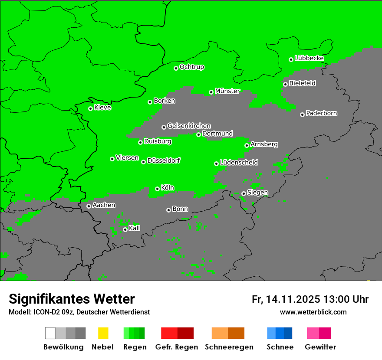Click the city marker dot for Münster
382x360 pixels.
(211, 92)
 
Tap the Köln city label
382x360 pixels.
(168, 188)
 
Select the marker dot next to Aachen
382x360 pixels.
(89, 206)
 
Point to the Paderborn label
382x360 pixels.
(322, 114)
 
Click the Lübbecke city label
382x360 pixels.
(310, 58)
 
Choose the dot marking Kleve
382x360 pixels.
(90, 108)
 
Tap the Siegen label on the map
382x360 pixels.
(258, 193)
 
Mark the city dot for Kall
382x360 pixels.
(125, 229)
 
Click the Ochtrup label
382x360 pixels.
(192, 67)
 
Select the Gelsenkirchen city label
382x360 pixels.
(189, 126)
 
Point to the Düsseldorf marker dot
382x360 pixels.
(143, 162)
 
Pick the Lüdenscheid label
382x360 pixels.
(239, 163)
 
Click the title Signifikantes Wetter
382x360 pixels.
(72, 299)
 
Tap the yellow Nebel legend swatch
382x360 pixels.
(103, 333)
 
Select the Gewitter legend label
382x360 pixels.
(320, 347)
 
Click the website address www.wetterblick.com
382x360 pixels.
(313, 312)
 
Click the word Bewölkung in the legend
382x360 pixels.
(63, 347)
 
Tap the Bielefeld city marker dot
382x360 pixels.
(285, 84)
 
